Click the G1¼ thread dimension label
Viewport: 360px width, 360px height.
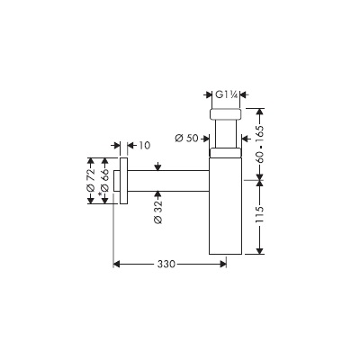[227, 94]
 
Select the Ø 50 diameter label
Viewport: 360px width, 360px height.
[186, 139]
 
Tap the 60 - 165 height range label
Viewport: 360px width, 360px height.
[260, 144]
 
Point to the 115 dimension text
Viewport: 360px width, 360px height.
[260, 214]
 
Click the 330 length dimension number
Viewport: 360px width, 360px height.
[166, 264]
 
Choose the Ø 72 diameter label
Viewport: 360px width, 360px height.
[91, 180]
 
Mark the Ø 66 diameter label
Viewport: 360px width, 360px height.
[105, 180]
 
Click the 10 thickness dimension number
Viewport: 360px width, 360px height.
[144, 145]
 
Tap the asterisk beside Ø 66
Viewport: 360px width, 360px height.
[100, 194]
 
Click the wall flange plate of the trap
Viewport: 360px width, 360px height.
[123, 180]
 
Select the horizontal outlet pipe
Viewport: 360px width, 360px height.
[168, 181]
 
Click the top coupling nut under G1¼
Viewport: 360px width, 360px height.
[226, 113]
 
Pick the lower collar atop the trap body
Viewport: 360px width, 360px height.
[225, 152]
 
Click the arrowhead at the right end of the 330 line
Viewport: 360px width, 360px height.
[223, 264]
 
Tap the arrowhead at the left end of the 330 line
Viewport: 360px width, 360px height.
[117, 264]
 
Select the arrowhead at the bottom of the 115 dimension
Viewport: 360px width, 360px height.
[260, 251]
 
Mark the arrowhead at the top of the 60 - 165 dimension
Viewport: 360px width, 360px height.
[260, 112]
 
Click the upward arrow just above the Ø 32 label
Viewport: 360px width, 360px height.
[157, 195]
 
